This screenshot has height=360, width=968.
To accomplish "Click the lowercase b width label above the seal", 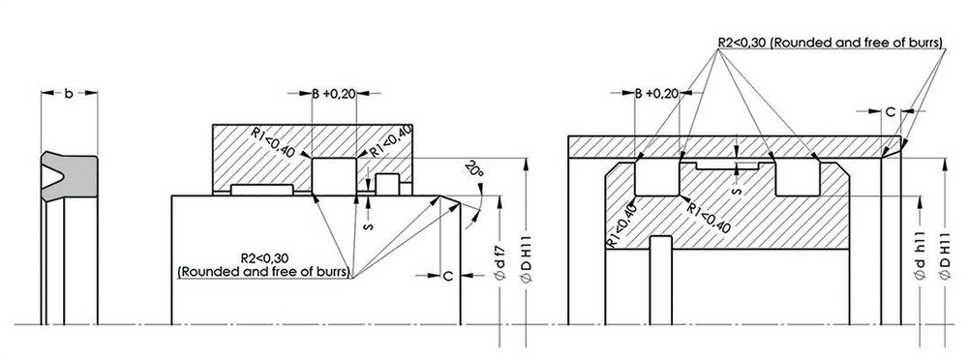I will (x=68, y=94).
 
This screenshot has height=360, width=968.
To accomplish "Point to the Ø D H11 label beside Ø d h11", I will (x=945, y=260).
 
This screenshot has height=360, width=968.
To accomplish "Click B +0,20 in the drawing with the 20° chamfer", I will (x=334, y=94).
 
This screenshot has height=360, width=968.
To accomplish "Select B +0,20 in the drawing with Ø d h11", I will (x=656, y=94).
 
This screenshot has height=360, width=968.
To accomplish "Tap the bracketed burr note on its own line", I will (x=263, y=273).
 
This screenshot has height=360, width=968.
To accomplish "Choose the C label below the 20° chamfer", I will (x=448, y=276).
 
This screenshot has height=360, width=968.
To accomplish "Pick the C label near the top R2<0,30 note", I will (x=891, y=112).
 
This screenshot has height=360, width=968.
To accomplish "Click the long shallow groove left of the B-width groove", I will (x=260, y=187).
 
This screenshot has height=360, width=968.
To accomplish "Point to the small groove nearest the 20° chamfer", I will (x=387, y=183).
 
